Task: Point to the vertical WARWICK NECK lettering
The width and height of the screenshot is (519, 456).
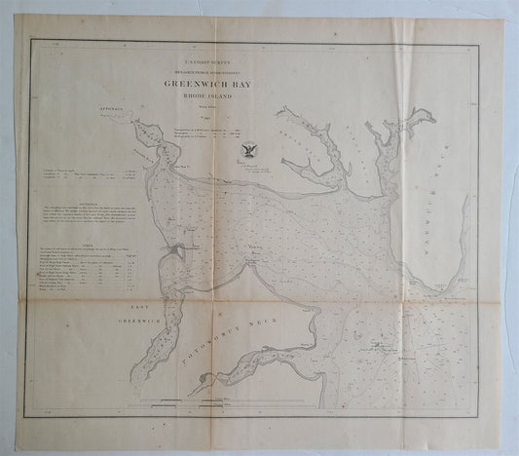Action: click(x=487, y=195)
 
